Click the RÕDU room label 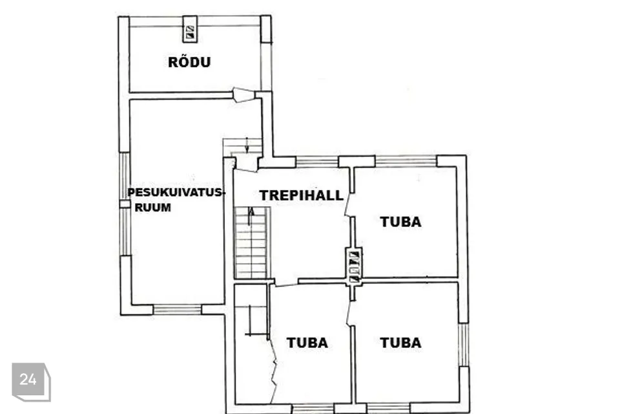[189, 62]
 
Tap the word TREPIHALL [302, 195]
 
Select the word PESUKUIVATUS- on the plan [176, 193]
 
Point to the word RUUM [153, 207]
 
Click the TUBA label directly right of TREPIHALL [400, 222]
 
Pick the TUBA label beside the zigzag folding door [307, 343]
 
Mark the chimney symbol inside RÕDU [190, 29]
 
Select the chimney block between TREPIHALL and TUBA [353, 267]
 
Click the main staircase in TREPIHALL [252, 242]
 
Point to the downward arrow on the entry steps [247, 145]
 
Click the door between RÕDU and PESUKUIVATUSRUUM [243, 94]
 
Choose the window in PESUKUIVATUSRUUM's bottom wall [177, 309]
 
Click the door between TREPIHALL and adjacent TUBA [348, 204]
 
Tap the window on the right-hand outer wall [464, 345]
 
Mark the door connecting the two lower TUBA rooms [349, 313]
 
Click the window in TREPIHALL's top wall [316, 162]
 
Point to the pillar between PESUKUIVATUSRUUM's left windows [125, 204]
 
